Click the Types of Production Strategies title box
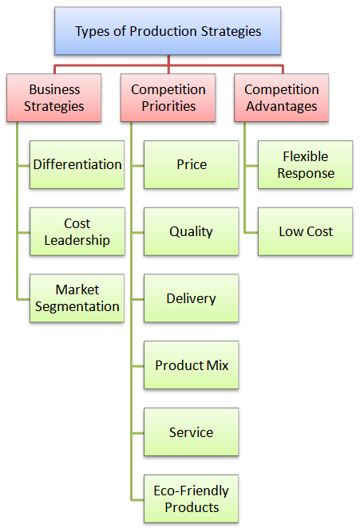pyautogui.click(x=168, y=31)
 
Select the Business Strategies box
pyautogui.click(x=54, y=98)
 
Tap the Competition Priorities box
pyautogui.click(x=168, y=98)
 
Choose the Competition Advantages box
pyautogui.click(x=282, y=98)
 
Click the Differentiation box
pyautogui.click(x=77, y=164)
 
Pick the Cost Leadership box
pyautogui.click(x=77, y=231)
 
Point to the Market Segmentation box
pyautogui.click(x=77, y=298)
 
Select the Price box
pyautogui.click(x=192, y=164)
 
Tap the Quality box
pyautogui.click(x=192, y=231)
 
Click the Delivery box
pyautogui.click(x=192, y=298)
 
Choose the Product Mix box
pyautogui.click(x=192, y=365)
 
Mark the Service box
pyautogui.click(x=192, y=432)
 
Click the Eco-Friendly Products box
pyautogui.click(x=192, y=499)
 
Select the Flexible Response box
pyautogui.click(x=305, y=164)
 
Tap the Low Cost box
pyautogui.click(x=305, y=231)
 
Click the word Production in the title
pyautogui.click(x=164, y=31)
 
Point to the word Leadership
pyautogui.click(x=77, y=240)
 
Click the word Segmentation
pyautogui.click(x=77, y=307)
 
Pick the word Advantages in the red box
pyautogui.click(x=282, y=107)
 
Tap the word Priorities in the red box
pyautogui.click(x=168, y=106)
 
